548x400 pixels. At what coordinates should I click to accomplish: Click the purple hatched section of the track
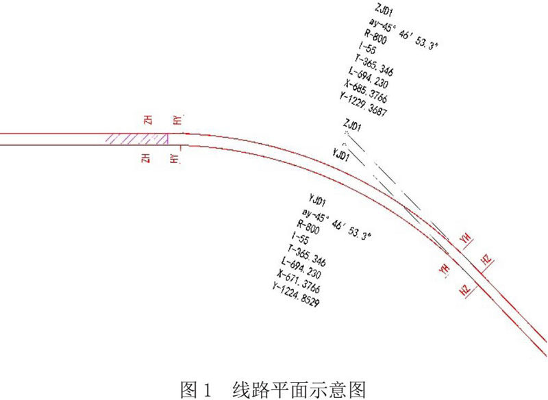tap(135, 139)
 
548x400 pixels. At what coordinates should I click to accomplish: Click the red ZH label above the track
tap(148, 120)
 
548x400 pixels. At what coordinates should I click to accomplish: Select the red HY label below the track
tap(176, 159)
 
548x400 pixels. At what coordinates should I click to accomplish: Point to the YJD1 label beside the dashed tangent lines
tap(341, 155)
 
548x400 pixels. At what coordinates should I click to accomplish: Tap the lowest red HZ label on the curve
tap(466, 290)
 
